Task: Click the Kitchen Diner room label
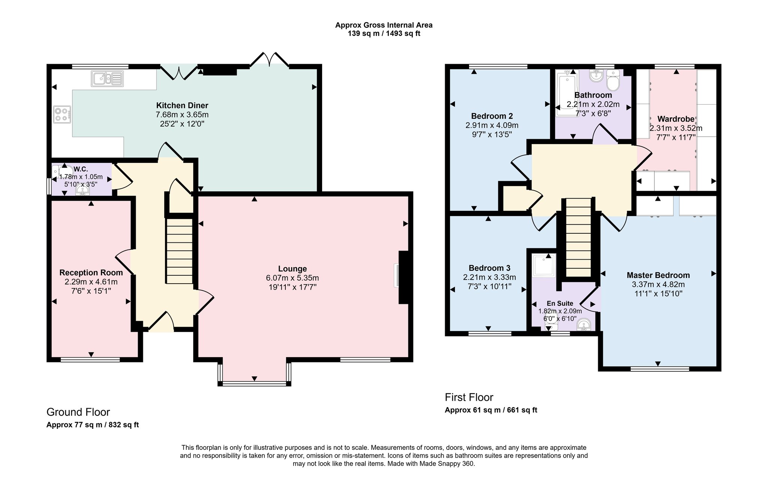(x=182, y=105)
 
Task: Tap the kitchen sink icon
(x=106, y=79)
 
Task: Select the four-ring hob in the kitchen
(x=62, y=114)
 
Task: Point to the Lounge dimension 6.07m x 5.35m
(x=292, y=278)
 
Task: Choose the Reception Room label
(x=91, y=273)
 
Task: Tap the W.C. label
(x=81, y=169)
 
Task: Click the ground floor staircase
(x=179, y=251)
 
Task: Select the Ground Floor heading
(x=78, y=412)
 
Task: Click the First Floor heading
(x=469, y=397)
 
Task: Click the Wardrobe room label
(x=676, y=119)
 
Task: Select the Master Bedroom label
(x=658, y=275)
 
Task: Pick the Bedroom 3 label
(x=489, y=268)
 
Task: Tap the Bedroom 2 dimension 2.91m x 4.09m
(x=492, y=125)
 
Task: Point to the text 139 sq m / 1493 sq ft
(x=384, y=33)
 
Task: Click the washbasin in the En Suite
(x=584, y=325)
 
